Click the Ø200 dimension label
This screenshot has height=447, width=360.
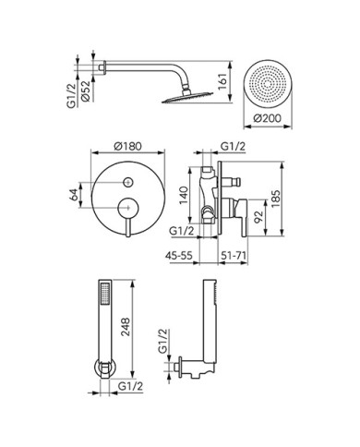tap(268, 118)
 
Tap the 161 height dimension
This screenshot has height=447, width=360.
tap(222, 81)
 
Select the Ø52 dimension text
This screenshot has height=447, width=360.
tap(86, 91)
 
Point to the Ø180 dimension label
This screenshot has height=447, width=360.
tap(127, 146)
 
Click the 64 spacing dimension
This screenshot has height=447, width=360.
tap(74, 195)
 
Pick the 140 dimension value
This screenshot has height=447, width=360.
tap(184, 195)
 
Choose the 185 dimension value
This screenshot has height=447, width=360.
tap(275, 199)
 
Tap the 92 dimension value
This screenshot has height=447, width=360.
tap(259, 217)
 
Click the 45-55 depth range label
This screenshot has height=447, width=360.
tap(179, 255)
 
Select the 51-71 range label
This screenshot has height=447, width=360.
tap(234, 255)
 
